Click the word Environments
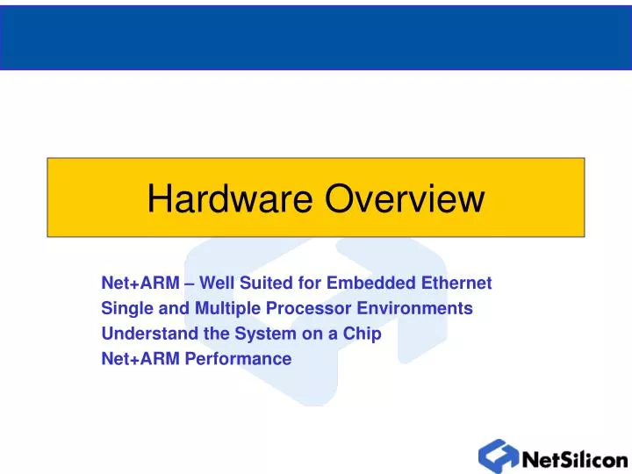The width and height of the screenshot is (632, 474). coord(413,309)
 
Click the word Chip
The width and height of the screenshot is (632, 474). coord(363,334)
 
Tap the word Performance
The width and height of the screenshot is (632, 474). coord(238,359)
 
